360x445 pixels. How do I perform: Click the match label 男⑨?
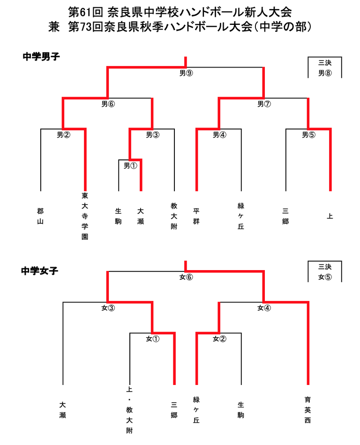(x=186, y=73)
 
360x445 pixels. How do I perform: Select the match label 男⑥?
(x=108, y=104)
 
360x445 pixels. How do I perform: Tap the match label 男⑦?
(x=264, y=104)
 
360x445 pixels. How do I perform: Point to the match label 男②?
(x=63, y=135)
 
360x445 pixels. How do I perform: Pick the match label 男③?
(x=152, y=135)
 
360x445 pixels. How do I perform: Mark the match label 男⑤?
(x=308, y=135)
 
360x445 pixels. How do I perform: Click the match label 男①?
(x=130, y=166)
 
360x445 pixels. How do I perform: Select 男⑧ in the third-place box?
(x=325, y=73)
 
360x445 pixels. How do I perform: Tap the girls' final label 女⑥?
(x=186, y=277)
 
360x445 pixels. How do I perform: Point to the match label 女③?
(x=108, y=308)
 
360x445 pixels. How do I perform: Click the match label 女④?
(x=264, y=308)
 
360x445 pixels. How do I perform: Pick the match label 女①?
(x=152, y=339)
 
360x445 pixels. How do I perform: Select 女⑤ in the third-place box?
(x=325, y=277)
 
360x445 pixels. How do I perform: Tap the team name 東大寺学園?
(x=85, y=216)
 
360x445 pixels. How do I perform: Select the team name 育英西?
(x=308, y=410)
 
